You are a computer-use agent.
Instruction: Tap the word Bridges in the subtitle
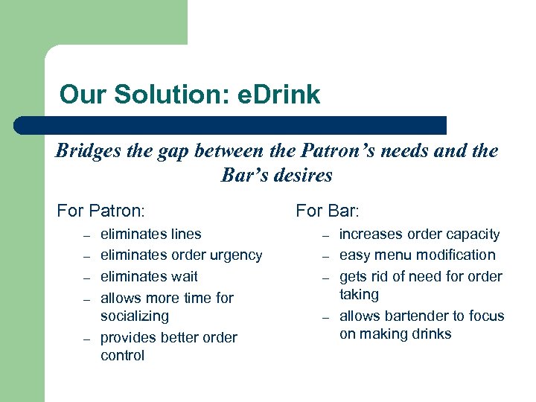pyautogui.click(x=85, y=151)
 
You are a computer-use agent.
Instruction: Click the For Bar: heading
pyautogui.click(x=328, y=211)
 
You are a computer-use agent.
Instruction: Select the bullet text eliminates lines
pyautogui.click(x=150, y=234)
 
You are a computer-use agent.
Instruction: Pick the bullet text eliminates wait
pyautogui.click(x=149, y=276)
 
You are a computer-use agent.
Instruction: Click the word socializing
pyautogui.click(x=135, y=316)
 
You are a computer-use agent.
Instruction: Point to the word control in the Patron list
pyautogui.click(x=122, y=355)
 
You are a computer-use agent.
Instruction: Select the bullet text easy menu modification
pyautogui.click(x=417, y=255)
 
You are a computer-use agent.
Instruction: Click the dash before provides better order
pyautogui.click(x=86, y=339)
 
